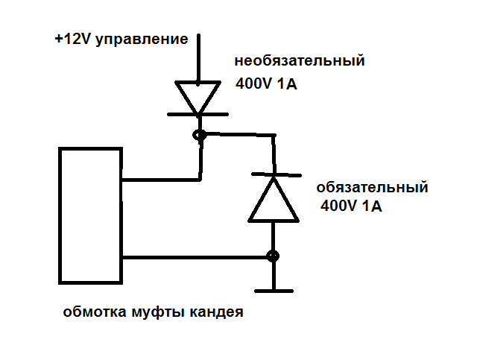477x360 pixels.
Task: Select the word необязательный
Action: (300, 60)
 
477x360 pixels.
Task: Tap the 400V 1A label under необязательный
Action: (266, 84)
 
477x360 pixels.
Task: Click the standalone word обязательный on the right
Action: (372, 186)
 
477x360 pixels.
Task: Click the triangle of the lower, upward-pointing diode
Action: (274, 201)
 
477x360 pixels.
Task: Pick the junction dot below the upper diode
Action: (200, 136)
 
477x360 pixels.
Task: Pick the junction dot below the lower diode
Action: (274, 256)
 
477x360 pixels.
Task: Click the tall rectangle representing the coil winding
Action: (91, 215)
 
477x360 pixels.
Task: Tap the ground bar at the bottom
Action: (274, 289)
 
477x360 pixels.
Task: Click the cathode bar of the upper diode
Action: (199, 115)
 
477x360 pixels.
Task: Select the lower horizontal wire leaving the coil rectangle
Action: (194, 257)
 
